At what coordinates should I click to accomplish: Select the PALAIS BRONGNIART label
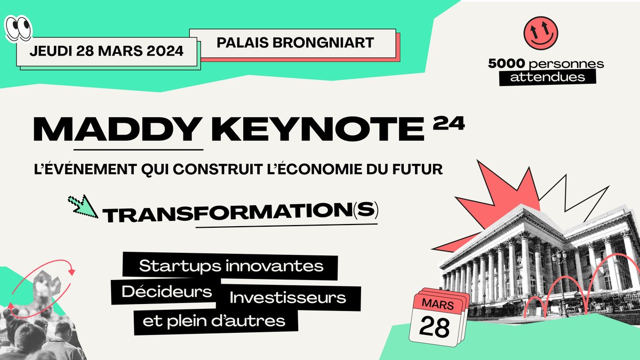click(295, 42)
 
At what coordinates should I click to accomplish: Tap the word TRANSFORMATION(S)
click(240, 213)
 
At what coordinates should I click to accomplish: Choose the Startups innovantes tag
click(231, 266)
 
